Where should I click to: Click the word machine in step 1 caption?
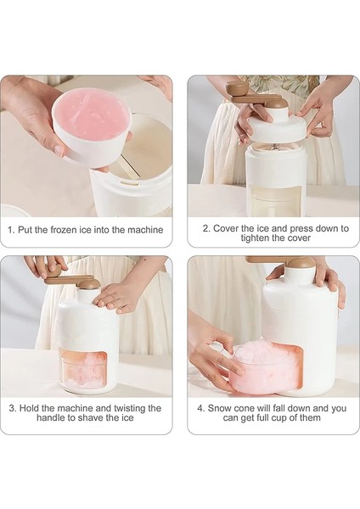pos(145,230)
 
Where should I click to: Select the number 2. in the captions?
pos(207,228)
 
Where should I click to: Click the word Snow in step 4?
pos(218,408)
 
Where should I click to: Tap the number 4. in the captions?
pos(201,408)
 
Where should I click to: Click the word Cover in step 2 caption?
pos(225,228)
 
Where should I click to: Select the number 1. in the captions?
pos(11,230)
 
